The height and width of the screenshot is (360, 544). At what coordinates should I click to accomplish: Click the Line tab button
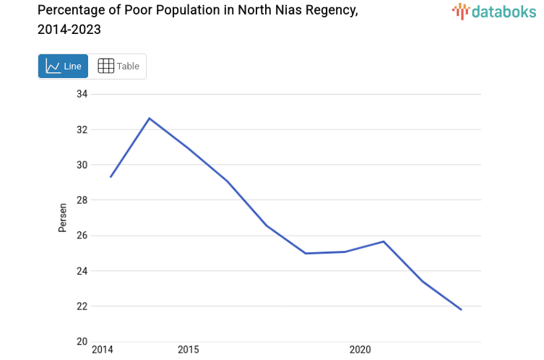[63, 67]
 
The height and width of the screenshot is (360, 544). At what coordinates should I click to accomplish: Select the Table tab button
[118, 67]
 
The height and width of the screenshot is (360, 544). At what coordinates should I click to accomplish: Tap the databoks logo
[495, 11]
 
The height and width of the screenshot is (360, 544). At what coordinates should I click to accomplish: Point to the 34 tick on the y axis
[81, 94]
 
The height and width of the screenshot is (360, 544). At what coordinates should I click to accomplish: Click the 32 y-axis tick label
[81, 129]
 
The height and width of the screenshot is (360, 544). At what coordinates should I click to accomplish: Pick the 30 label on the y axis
[81, 165]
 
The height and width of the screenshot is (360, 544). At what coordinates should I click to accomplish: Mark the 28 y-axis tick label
[81, 200]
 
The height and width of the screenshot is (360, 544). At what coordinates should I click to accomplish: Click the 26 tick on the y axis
[81, 236]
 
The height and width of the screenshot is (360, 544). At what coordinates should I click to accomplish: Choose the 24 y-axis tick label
[81, 271]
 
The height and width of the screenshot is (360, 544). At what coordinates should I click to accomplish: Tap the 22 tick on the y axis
[81, 307]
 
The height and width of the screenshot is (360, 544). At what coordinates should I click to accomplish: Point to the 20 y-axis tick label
[81, 341]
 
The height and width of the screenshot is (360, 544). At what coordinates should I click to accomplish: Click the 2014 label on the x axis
[103, 350]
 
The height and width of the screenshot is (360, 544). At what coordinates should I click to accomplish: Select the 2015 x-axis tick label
[188, 350]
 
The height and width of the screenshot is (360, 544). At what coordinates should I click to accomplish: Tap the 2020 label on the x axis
[360, 350]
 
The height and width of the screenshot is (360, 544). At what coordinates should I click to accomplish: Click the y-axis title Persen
[63, 218]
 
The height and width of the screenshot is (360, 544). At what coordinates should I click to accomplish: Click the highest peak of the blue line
[149, 118]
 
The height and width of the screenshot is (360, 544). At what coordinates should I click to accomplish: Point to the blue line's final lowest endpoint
[461, 309]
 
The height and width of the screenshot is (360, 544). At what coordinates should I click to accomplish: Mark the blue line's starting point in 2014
[111, 176]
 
